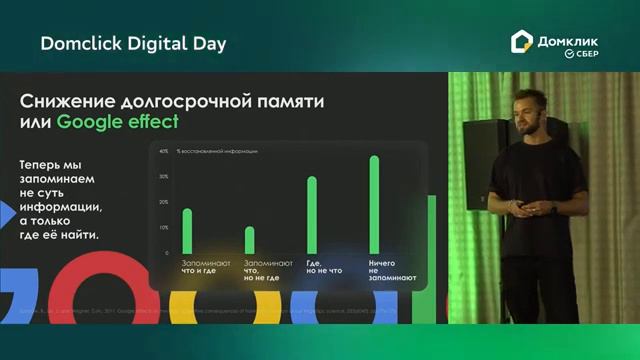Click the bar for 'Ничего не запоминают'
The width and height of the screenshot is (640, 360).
pos(374,204)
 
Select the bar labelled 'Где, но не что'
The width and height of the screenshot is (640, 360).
pos(312,214)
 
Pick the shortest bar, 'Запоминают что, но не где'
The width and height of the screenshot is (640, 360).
pos(250,240)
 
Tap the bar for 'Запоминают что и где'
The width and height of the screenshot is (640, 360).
pos(187,230)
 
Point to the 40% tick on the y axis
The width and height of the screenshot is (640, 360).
pos(164,152)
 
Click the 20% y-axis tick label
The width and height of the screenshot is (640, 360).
pos(164,202)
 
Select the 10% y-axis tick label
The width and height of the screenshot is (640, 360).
pos(164,228)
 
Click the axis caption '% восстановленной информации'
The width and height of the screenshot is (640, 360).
pos(217,152)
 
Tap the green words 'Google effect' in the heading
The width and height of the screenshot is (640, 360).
pos(118,123)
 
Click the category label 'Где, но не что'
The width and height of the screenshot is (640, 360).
pos(324,266)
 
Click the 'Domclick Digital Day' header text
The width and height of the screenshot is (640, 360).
pos(133,43)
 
